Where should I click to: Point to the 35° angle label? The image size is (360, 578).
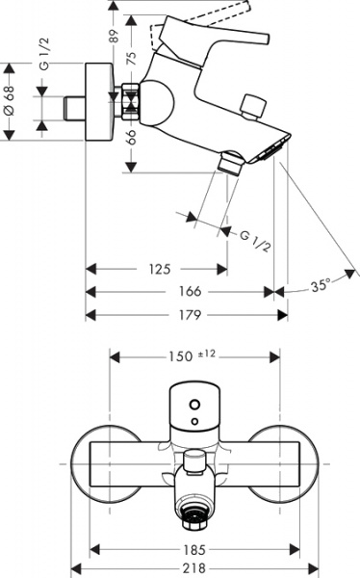pyautogui.click(x=321, y=285)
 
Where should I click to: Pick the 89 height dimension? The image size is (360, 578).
pyautogui.click(x=115, y=37)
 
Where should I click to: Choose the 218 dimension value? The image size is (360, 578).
pyautogui.click(x=196, y=568)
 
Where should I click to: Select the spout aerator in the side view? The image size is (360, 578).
pyautogui.click(x=275, y=147)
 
